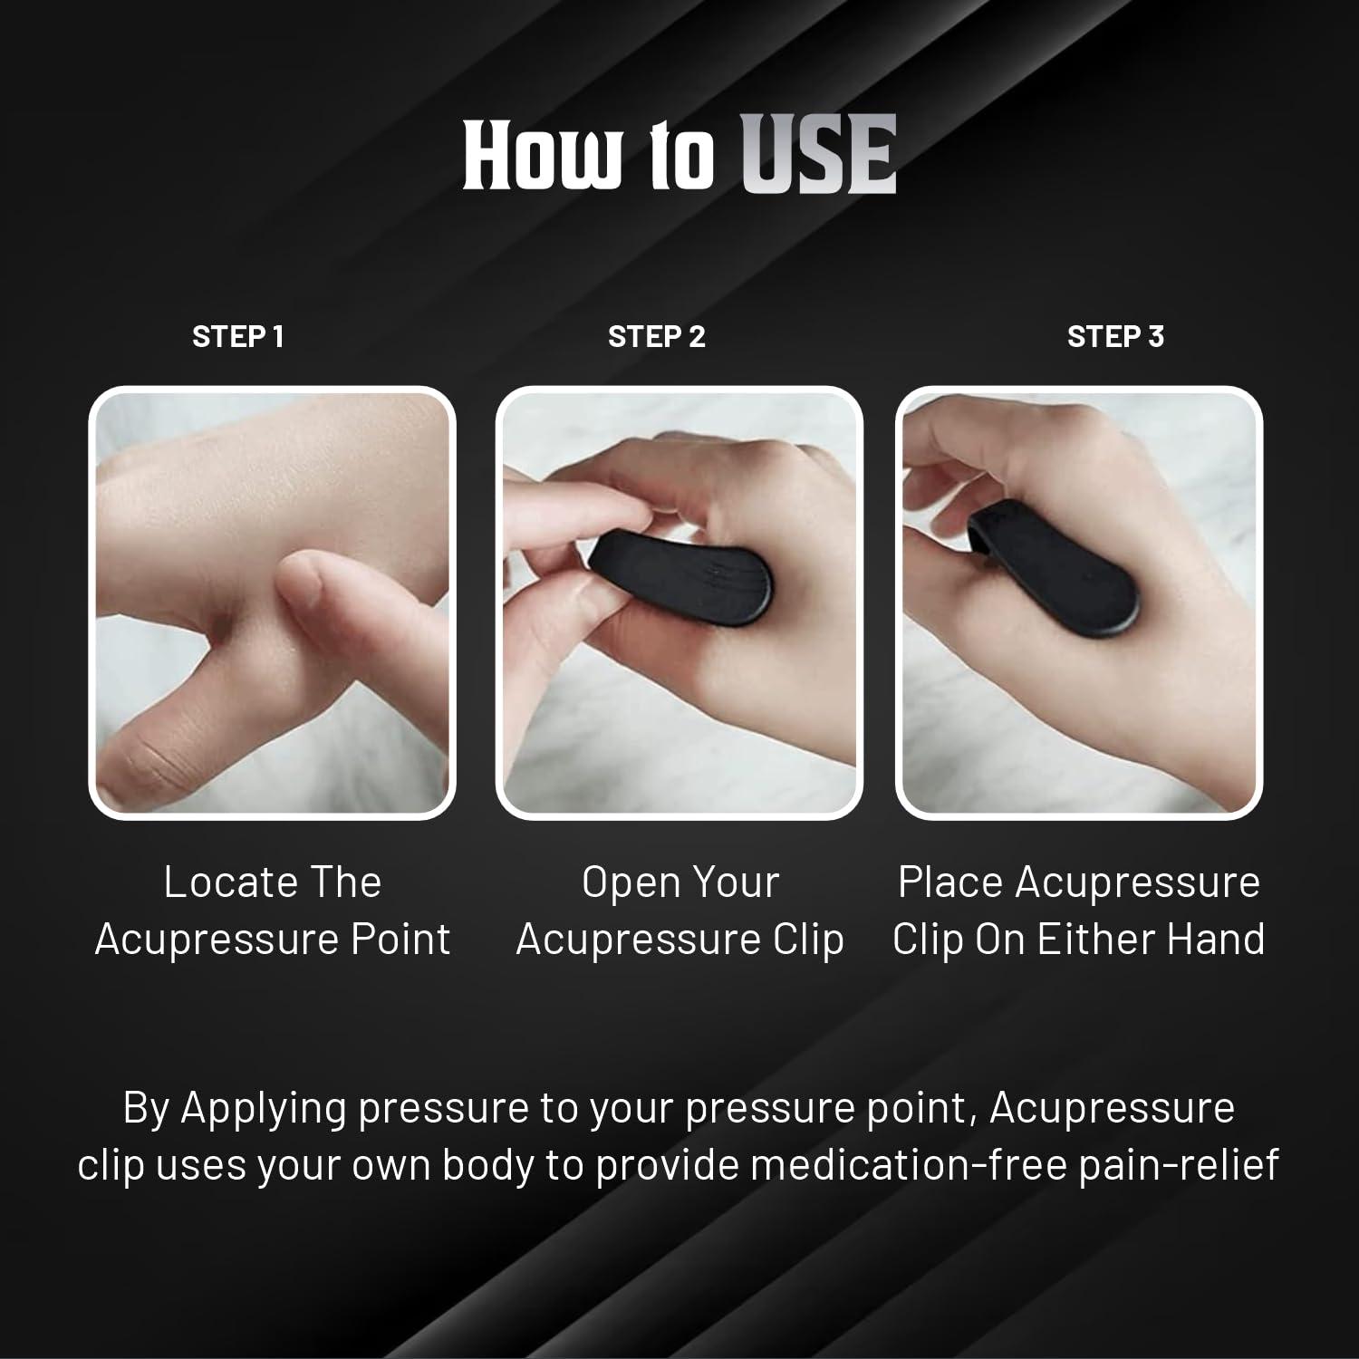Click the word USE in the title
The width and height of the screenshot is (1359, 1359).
(x=819, y=155)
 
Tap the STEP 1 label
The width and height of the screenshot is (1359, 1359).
(x=238, y=337)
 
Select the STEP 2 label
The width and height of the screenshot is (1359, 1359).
(x=656, y=337)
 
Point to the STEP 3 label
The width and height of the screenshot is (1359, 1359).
(x=1115, y=337)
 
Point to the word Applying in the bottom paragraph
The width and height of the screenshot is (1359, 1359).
(x=264, y=1109)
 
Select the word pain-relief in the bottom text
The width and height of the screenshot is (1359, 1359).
(x=1178, y=1165)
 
